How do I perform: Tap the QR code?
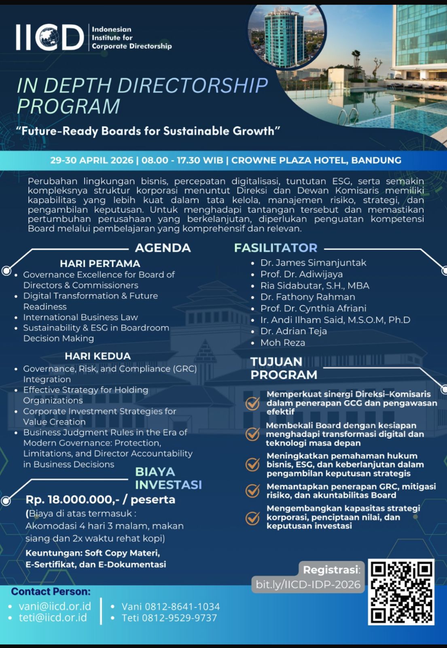[401, 592]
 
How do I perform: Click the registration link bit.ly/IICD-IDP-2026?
[308, 584]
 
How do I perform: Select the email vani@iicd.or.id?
[55, 606]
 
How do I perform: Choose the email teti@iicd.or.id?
[53, 617]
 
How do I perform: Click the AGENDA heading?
[163, 248]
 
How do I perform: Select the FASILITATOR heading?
[275, 248]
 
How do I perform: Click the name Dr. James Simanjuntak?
[313, 263]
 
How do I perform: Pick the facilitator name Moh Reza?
[282, 343]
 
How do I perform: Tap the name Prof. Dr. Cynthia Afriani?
[313, 308]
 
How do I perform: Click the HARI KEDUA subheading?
[97, 356]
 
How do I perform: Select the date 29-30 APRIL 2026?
[92, 160]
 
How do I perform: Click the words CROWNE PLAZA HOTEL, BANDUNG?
[316, 160]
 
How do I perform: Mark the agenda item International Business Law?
[81, 317]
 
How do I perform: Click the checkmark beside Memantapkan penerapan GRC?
[252, 491]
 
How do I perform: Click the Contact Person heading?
[51, 591]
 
